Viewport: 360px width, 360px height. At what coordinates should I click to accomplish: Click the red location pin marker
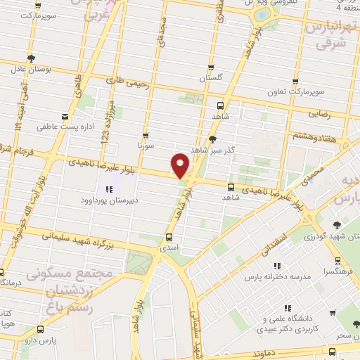(x=181, y=165)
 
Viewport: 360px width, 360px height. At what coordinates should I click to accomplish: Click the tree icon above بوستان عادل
(x=30, y=58)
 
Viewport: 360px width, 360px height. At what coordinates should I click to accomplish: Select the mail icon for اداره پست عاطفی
(x=65, y=117)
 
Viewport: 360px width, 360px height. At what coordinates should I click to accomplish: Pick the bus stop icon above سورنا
(x=146, y=135)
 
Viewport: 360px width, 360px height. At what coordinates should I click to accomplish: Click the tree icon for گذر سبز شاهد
(x=212, y=139)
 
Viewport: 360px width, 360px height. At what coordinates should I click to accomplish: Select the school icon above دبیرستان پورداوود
(x=109, y=188)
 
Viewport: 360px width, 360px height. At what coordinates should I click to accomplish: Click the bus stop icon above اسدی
(x=169, y=237)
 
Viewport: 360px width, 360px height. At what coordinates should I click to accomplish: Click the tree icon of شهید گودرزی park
(x=337, y=225)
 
